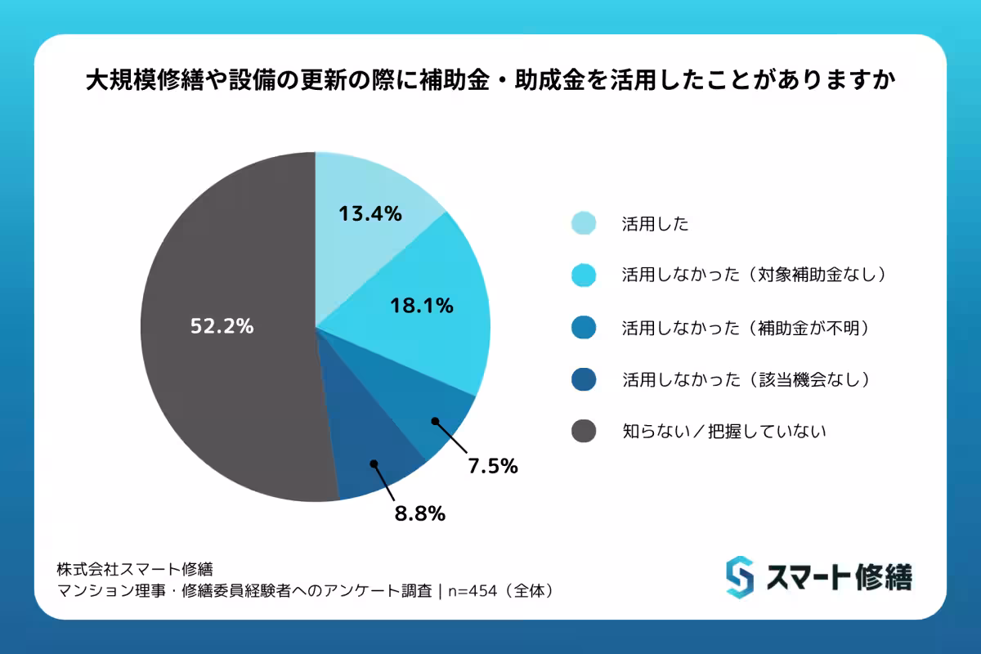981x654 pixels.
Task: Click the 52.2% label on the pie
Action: point(222,326)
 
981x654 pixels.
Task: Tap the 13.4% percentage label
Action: point(370,214)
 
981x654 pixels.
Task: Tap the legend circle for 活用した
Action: point(584,223)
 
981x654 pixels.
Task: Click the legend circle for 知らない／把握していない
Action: point(584,431)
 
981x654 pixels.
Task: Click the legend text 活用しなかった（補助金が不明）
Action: point(744,327)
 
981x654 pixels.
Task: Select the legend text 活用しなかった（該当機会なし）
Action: point(744,379)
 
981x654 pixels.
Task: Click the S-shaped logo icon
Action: point(739,576)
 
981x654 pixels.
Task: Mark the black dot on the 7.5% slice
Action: point(435,422)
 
